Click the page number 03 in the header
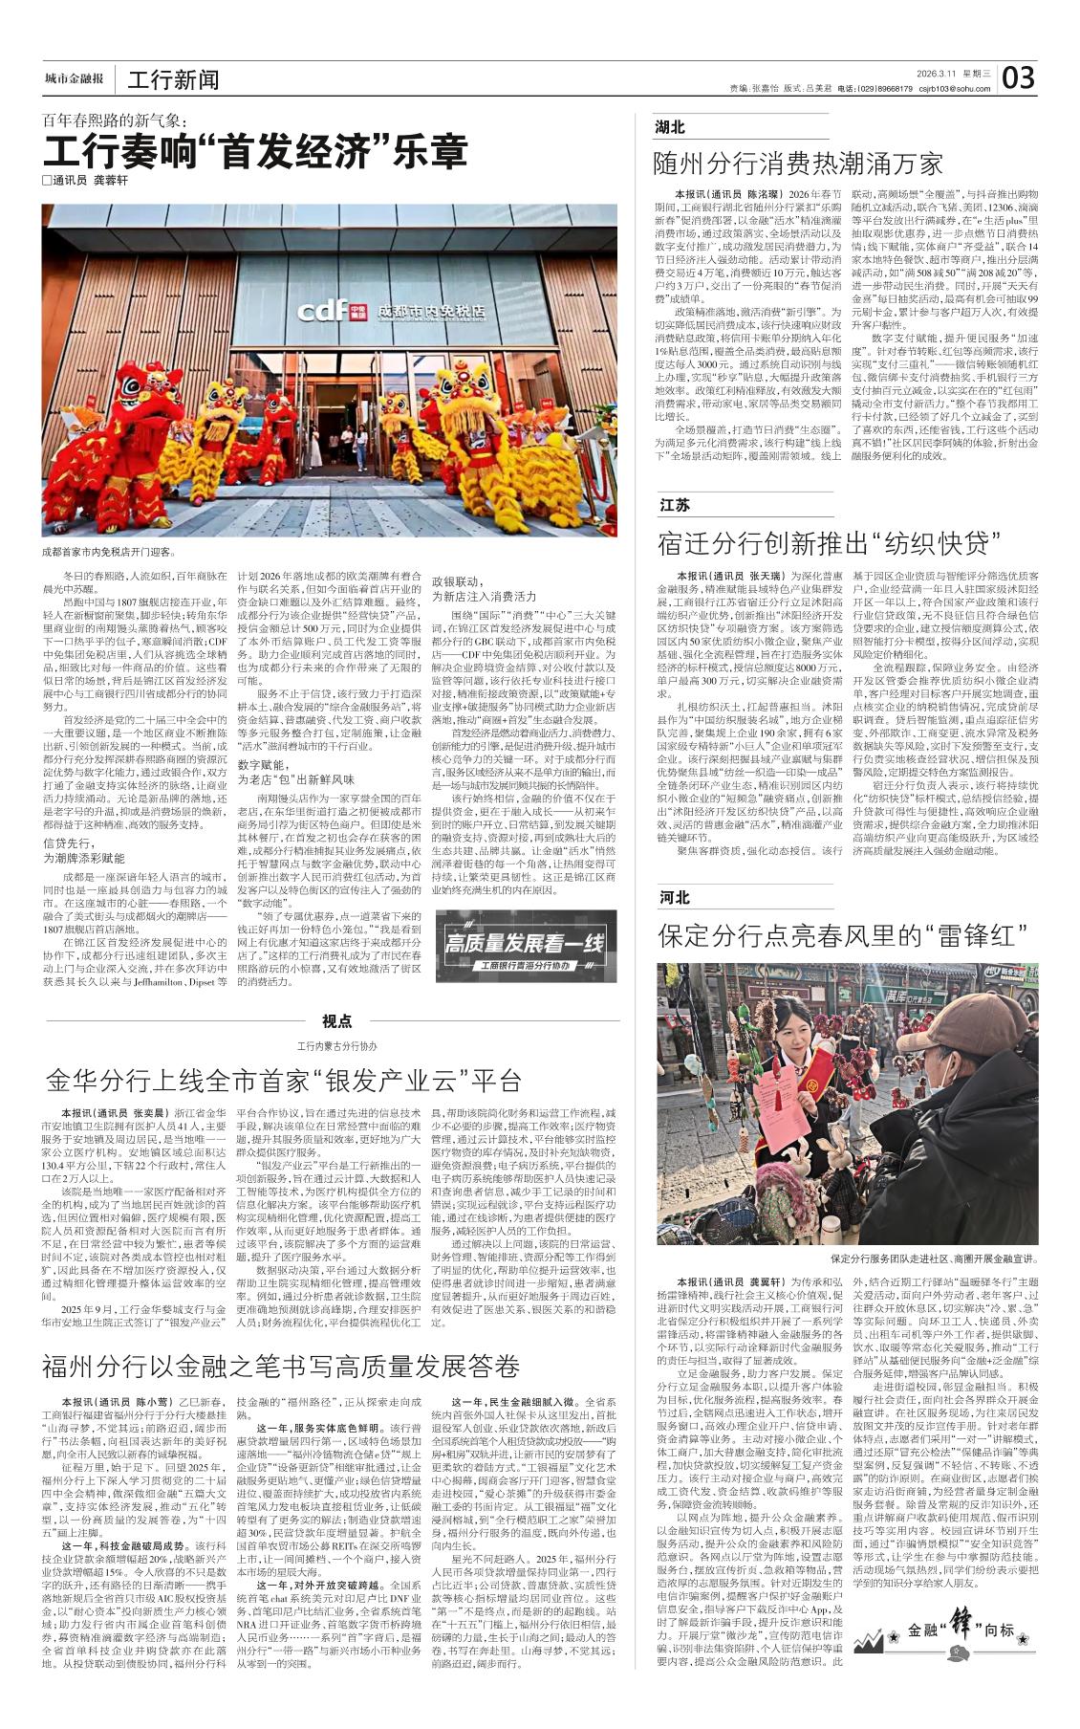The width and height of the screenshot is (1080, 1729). [x=1019, y=77]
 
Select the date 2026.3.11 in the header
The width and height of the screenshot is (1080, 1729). [x=939, y=73]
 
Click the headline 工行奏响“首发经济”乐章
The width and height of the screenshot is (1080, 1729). [x=255, y=152]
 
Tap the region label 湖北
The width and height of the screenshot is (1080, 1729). [x=670, y=128]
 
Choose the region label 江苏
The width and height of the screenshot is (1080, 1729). [x=674, y=505]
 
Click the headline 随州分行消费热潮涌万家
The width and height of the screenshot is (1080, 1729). [x=798, y=163]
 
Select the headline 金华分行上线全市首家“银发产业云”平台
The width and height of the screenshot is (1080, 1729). [x=283, y=1081]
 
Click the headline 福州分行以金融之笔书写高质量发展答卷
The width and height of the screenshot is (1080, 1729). [x=280, y=1365]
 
